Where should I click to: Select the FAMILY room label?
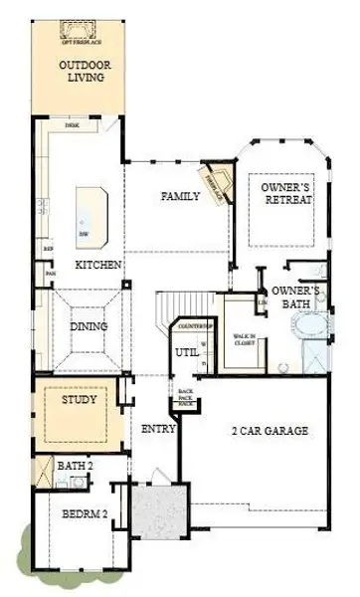(182, 197)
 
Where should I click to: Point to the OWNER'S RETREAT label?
(286, 193)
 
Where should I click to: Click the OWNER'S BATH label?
(296, 297)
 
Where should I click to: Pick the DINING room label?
(88, 326)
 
